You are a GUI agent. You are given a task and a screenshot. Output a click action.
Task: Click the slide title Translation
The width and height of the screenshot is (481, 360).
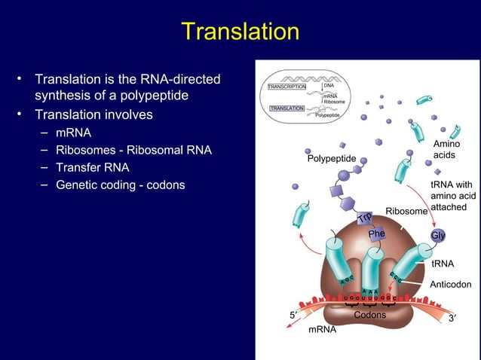point(240,32)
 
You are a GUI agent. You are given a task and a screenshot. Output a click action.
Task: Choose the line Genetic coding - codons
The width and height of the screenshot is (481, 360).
point(120,185)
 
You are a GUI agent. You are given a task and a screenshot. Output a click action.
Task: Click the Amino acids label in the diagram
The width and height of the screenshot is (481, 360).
point(446,149)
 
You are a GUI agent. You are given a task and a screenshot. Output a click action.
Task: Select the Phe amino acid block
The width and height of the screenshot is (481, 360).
point(376,234)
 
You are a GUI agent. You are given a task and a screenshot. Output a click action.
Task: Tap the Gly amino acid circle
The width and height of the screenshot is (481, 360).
point(437,236)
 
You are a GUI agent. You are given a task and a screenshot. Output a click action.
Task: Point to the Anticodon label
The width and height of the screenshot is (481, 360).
point(450,285)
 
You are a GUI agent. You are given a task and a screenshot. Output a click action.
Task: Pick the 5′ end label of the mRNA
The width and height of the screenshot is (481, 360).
point(293,315)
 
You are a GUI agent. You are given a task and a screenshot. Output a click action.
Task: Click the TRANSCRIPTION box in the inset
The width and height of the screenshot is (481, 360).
point(286,87)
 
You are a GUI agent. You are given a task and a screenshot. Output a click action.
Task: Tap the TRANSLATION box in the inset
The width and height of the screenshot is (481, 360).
point(286,108)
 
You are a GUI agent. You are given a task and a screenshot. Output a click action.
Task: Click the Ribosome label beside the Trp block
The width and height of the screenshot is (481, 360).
point(406,212)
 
